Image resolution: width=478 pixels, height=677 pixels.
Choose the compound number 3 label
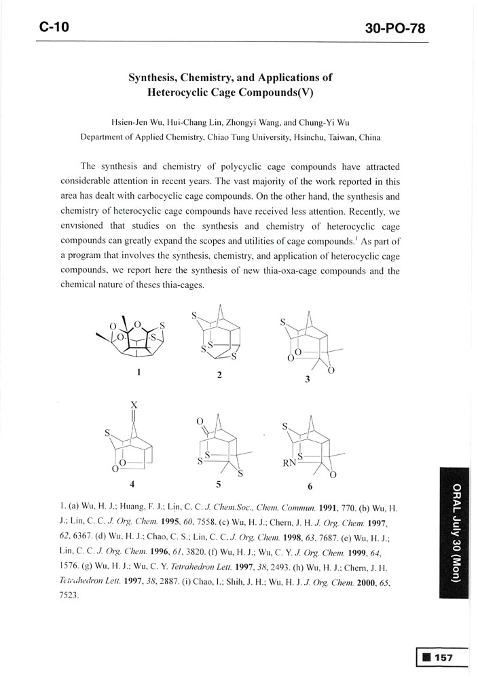click(x=307, y=380)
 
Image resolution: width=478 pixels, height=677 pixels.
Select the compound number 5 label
click(x=219, y=486)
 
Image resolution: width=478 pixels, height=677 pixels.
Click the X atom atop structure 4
click(x=134, y=405)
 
